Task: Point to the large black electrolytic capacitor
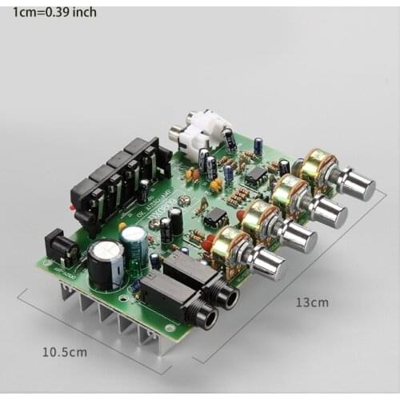coord(106,265)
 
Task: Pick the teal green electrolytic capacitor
coord(134,242)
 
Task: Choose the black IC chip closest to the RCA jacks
coord(256,174)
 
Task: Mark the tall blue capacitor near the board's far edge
coord(258,146)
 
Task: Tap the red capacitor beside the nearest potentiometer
coord(208,241)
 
